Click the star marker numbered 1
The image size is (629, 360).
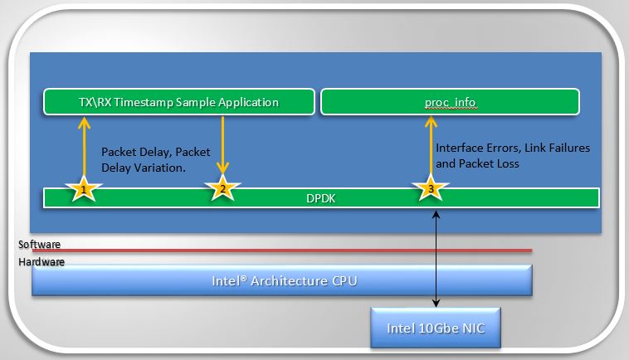click(83, 190)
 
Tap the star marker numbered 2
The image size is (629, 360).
click(222, 189)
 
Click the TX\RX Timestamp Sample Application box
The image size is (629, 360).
click(180, 102)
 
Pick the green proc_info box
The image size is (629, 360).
click(449, 102)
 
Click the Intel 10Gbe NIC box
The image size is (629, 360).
click(436, 326)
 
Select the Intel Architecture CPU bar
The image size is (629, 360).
click(282, 280)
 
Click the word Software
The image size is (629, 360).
click(40, 246)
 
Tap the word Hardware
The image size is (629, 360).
click(41, 262)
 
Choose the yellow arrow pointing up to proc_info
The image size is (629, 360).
click(430, 145)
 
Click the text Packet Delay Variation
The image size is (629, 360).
click(142, 167)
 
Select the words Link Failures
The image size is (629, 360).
click(559, 148)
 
